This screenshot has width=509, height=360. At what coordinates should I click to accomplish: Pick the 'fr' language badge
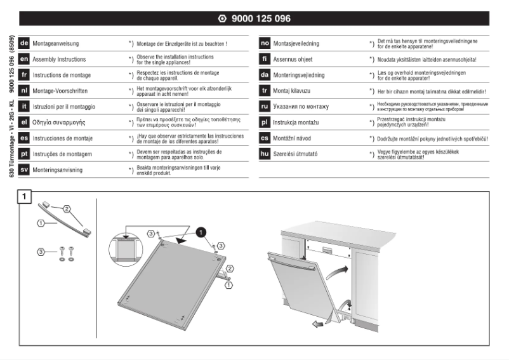24,74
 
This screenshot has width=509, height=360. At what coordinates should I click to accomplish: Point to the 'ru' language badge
265,106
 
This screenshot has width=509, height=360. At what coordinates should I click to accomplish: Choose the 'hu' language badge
265,154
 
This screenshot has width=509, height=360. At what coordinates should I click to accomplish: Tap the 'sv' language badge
24,170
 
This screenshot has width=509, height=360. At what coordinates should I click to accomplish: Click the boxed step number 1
24,197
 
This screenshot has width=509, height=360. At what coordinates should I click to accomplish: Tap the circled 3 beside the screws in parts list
41,252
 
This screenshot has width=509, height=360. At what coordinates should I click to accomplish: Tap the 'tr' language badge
265,90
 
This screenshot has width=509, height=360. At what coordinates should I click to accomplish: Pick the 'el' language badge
24,122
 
